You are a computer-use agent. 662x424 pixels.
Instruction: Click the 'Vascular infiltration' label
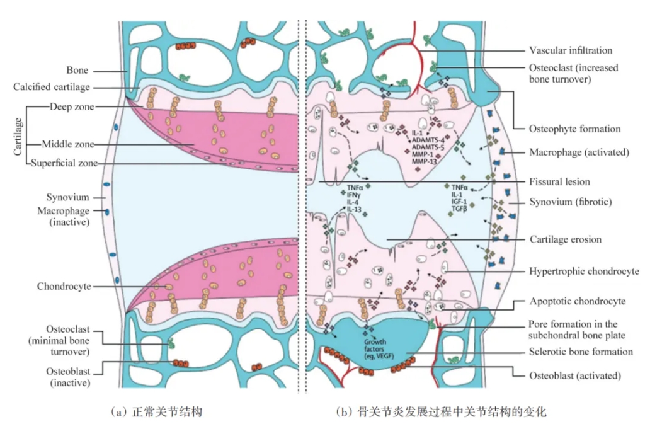571,50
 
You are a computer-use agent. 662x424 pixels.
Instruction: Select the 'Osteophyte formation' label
574,129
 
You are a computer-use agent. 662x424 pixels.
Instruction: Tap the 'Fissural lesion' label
559,181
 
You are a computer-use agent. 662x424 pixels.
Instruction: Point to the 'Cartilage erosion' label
566,239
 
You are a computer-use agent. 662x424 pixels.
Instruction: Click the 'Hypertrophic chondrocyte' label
584,271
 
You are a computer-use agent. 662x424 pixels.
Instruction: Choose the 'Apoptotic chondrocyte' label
578,301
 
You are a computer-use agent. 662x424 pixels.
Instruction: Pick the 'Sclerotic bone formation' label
581,352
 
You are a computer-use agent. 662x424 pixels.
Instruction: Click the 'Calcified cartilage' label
52,87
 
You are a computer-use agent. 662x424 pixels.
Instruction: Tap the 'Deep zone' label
72,107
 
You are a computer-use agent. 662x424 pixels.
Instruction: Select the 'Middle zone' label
68,144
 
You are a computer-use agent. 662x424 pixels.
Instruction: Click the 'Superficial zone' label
64,163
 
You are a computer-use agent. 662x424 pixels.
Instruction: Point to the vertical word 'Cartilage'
18,137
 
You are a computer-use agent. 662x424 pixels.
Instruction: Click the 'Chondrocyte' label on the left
64,286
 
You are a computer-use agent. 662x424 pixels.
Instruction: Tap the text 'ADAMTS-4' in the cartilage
428,140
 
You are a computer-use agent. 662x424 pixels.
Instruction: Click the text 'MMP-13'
424,161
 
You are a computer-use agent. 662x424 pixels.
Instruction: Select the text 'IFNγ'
353,195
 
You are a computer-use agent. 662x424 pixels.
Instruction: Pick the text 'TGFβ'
459,209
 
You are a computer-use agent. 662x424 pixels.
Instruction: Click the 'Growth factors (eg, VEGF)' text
379,349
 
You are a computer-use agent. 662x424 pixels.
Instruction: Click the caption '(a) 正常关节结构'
157,411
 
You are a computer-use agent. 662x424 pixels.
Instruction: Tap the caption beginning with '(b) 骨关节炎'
442,411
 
